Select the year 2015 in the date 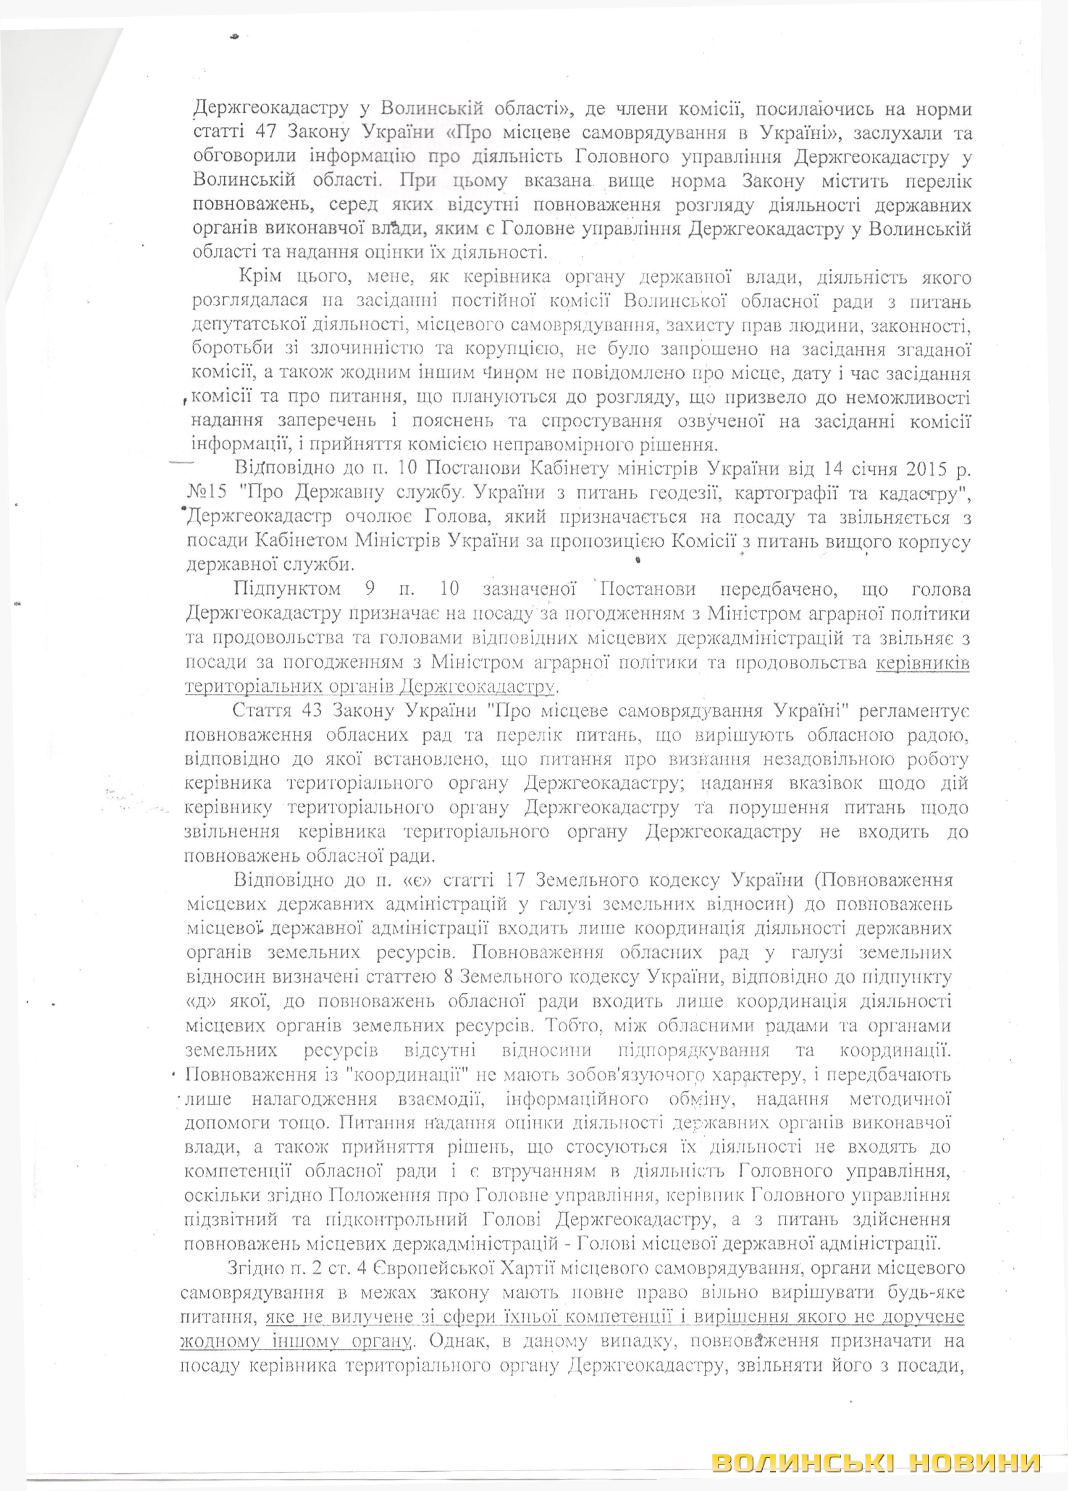[927, 470]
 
